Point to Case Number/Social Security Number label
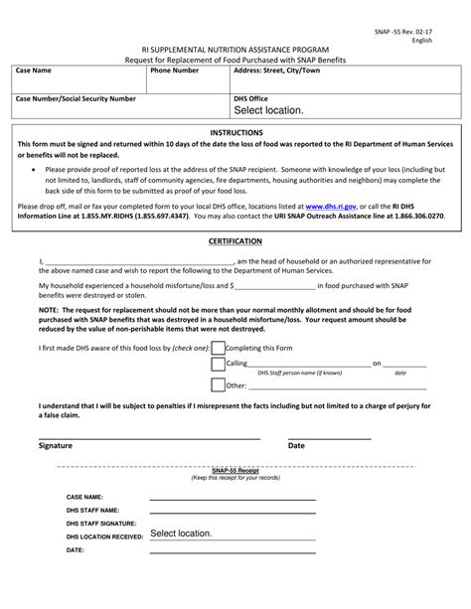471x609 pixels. click(x=78, y=100)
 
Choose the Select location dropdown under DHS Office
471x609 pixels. click(x=268, y=111)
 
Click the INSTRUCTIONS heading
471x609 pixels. click(x=235, y=132)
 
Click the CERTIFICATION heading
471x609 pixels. click(x=235, y=241)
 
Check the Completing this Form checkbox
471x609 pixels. click(x=218, y=350)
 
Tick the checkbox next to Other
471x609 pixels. click(x=218, y=384)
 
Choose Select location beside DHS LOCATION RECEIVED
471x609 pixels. click(x=182, y=533)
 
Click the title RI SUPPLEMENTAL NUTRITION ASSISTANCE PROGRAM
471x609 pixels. click(x=235, y=48)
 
